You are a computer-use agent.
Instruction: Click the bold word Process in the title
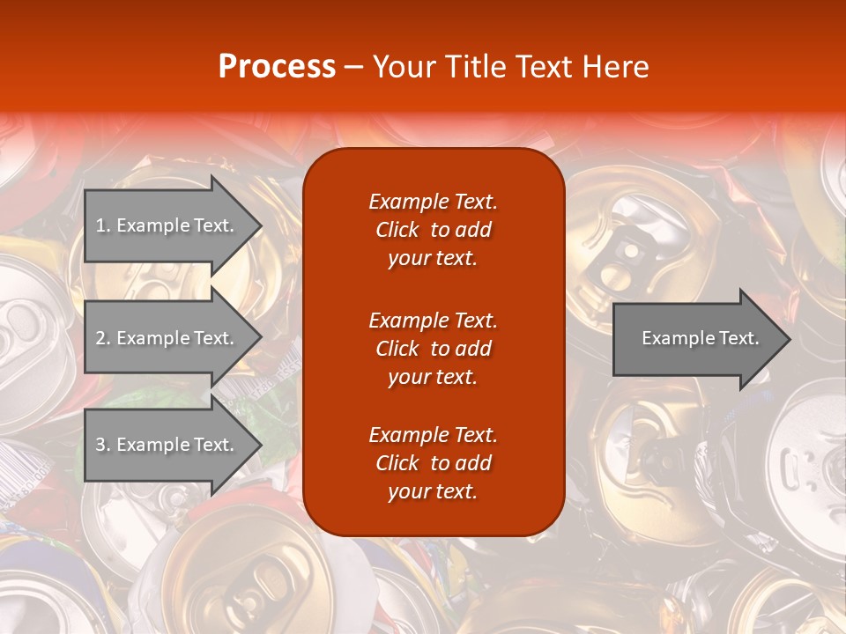(277, 67)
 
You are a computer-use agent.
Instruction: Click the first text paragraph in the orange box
(433, 230)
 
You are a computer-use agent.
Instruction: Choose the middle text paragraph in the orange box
(433, 349)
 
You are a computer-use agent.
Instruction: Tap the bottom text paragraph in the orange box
(433, 463)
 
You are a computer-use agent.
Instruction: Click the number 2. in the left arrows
(102, 338)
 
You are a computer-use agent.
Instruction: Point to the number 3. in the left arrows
(102, 445)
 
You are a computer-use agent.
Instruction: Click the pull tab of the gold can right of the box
(627, 255)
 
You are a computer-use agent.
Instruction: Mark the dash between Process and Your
(353, 67)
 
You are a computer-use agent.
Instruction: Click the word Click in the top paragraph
(397, 230)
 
